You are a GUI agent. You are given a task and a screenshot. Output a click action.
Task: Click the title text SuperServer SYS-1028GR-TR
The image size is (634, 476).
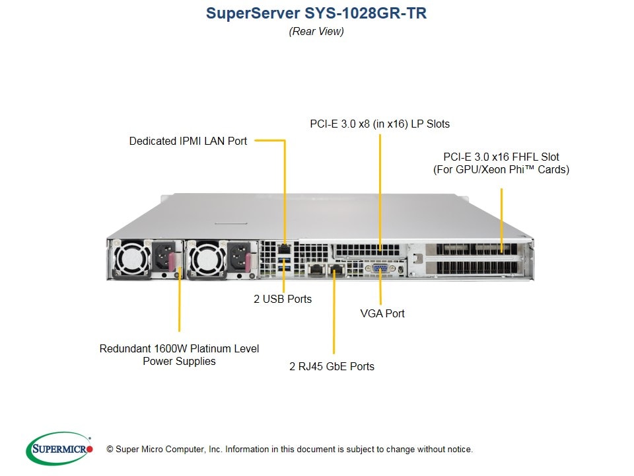[x=316, y=13]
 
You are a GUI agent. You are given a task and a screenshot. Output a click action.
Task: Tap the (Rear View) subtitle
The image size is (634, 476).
[x=316, y=31]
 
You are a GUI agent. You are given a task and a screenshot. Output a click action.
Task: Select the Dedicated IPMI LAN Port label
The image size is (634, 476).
[x=188, y=141]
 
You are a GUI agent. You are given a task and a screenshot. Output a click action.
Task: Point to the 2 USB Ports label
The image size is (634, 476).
[x=283, y=299]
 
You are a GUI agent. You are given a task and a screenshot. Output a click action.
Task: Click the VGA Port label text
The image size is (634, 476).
[x=382, y=313]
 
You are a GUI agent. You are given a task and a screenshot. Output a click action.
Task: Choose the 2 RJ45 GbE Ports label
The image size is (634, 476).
[x=332, y=366]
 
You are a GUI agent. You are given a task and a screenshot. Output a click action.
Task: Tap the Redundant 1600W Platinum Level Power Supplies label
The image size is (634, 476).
[x=179, y=355]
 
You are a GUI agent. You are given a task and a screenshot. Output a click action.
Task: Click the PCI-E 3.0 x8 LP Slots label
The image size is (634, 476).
[x=380, y=124]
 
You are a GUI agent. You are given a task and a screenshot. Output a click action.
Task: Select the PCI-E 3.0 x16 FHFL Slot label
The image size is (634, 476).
[x=501, y=163]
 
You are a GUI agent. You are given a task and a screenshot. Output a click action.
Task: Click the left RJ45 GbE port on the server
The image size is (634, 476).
[x=316, y=270]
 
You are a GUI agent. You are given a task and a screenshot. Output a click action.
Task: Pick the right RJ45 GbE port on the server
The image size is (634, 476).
[x=335, y=270]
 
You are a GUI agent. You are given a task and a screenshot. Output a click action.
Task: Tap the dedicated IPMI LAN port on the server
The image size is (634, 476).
[x=284, y=249]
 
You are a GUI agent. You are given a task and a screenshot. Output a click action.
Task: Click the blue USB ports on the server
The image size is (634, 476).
[x=284, y=266]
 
